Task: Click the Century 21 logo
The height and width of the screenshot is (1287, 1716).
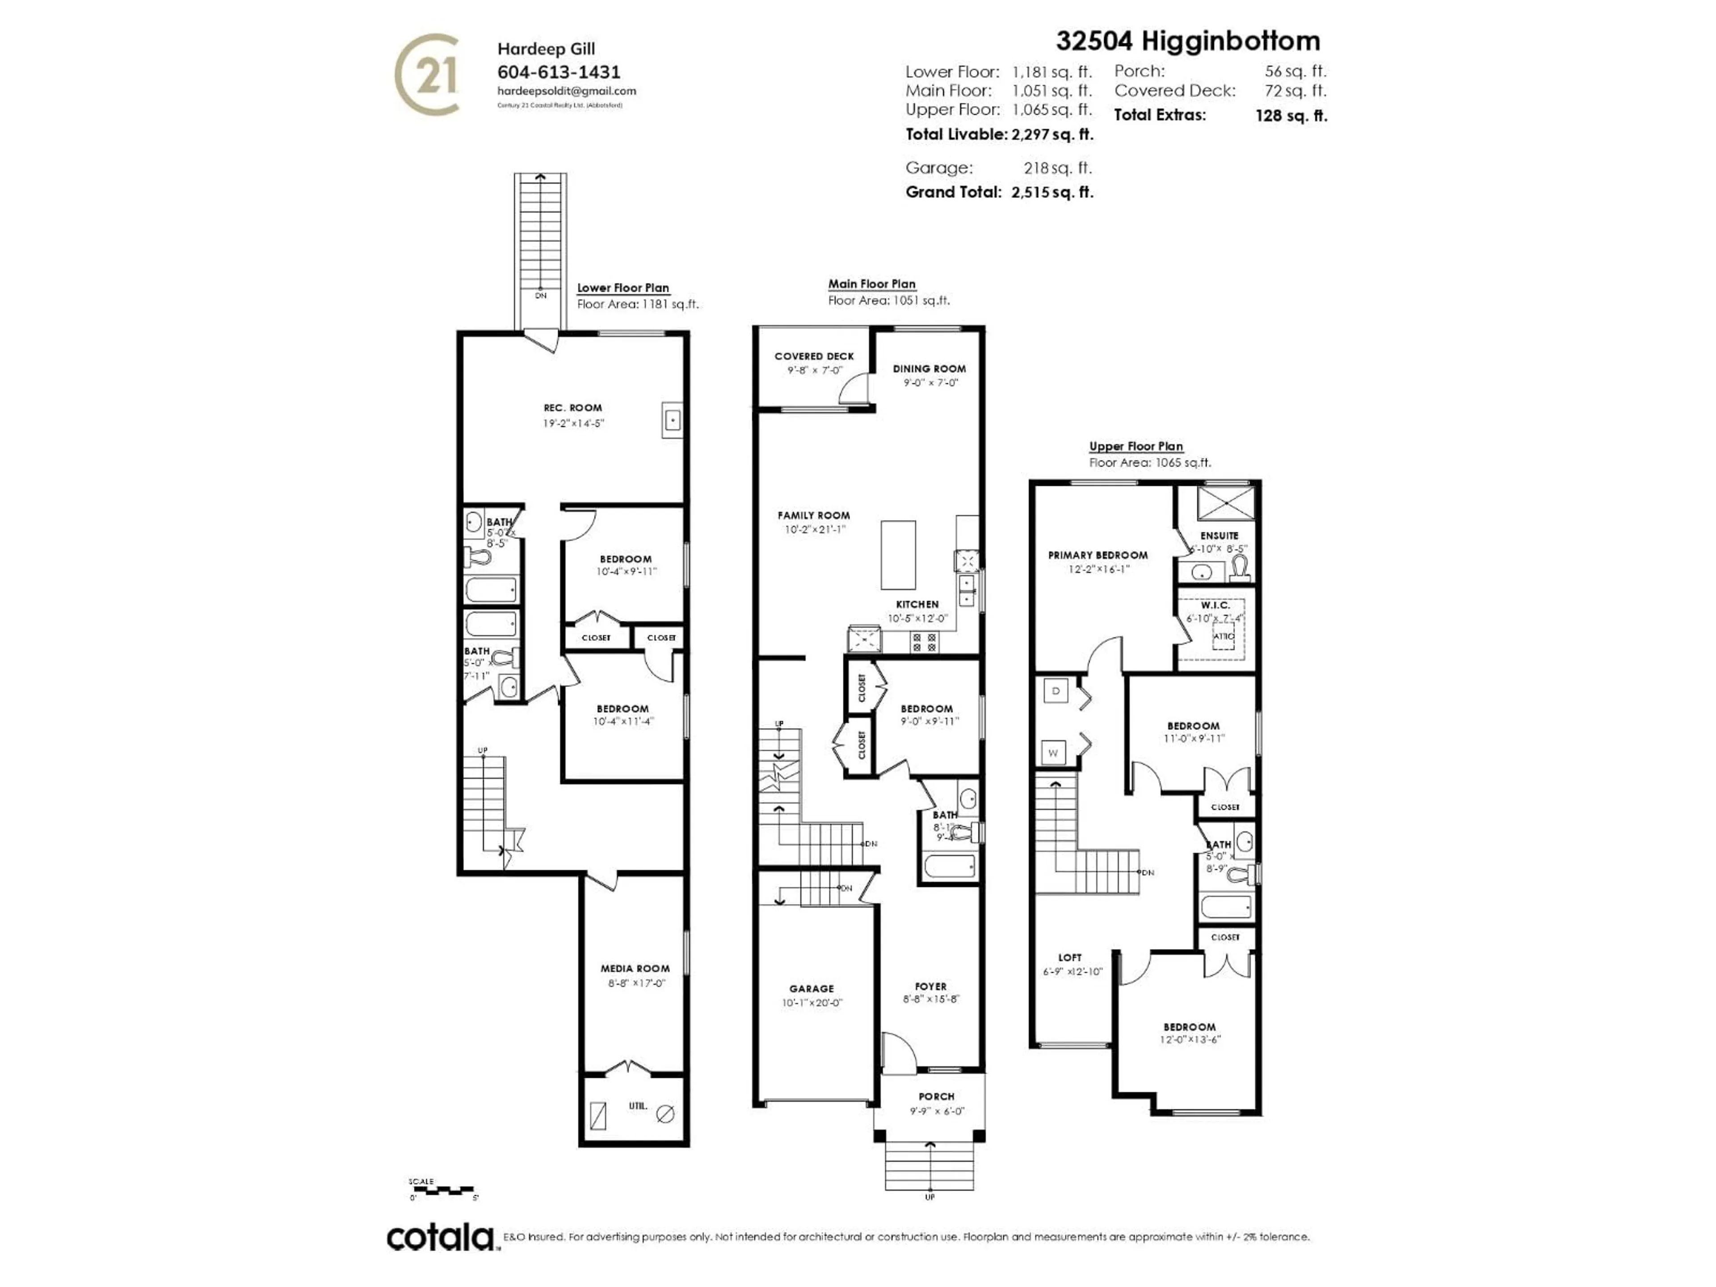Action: coord(427,75)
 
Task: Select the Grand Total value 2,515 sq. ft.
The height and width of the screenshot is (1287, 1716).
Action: coord(1052,193)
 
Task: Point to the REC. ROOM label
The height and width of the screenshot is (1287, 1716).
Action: coord(572,407)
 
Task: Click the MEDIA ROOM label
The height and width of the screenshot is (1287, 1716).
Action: coord(635,968)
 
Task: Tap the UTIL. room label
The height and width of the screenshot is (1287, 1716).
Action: coord(638,1106)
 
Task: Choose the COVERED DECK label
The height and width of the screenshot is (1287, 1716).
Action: coord(814,356)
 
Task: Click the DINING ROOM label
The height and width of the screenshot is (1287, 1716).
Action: coord(929,369)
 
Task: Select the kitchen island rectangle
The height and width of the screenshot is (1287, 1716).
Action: coord(898,555)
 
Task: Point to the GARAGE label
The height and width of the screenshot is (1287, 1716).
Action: coord(812,988)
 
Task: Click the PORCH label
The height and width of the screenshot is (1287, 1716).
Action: coord(936,1096)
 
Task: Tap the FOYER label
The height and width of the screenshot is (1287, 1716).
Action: coord(930,987)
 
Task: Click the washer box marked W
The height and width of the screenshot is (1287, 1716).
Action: coord(1053,753)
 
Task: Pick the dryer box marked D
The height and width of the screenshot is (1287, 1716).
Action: coord(1055,690)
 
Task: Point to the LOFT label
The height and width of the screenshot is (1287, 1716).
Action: coord(1070,957)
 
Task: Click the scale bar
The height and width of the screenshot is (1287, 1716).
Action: coord(442,1189)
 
